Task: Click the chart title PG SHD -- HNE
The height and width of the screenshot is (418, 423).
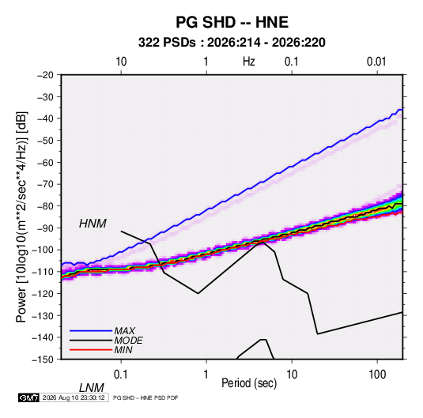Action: click(232, 22)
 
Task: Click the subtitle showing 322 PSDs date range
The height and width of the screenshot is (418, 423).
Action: click(232, 43)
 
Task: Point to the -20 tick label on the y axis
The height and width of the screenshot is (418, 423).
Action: click(45, 75)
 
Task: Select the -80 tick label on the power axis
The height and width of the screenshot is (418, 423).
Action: click(45, 206)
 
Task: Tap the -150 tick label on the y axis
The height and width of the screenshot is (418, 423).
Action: click(43, 360)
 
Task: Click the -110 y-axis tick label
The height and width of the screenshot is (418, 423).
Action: click(43, 272)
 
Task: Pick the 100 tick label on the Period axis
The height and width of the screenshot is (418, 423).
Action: click(377, 375)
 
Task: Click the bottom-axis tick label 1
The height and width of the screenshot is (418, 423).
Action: click(206, 375)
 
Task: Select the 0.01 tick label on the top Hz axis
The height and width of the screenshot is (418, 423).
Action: click(376, 62)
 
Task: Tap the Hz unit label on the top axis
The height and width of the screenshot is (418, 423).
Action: click(249, 62)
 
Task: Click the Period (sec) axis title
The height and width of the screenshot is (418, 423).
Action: click(249, 383)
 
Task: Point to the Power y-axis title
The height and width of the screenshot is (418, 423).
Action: click(21, 217)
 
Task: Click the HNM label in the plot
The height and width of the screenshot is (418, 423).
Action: click(93, 224)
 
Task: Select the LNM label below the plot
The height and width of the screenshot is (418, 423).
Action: click(91, 388)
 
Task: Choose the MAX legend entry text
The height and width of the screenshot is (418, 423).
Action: click(124, 330)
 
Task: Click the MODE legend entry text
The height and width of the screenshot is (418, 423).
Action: click(128, 341)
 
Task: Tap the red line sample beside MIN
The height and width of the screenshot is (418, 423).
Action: click(91, 350)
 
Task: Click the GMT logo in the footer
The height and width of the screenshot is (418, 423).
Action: click(28, 397)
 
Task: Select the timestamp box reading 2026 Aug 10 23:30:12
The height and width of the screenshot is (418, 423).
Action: click(74, 397)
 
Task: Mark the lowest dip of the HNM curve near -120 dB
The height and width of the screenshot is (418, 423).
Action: click(198, 293)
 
